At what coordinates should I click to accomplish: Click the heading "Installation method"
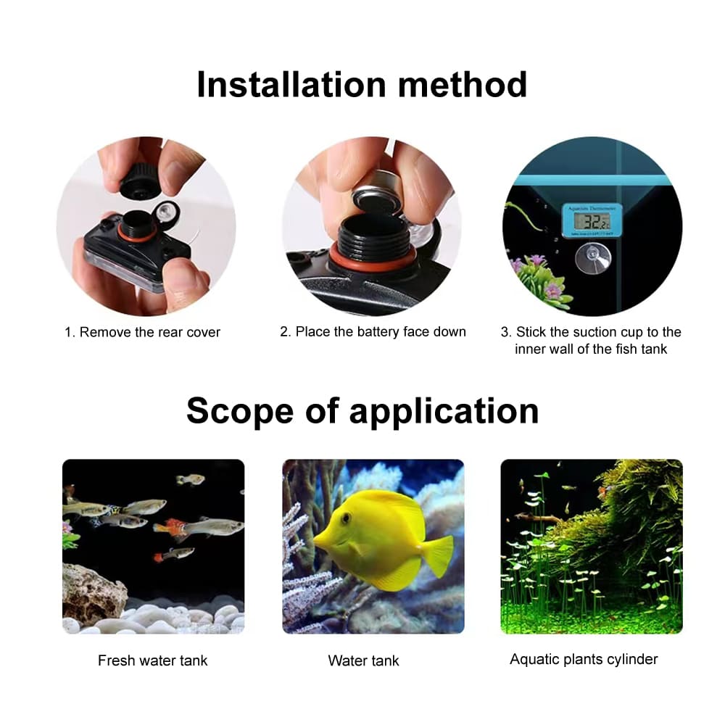point(362,84)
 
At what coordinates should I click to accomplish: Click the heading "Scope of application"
point(362,410)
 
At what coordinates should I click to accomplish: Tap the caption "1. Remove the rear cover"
point(143,332)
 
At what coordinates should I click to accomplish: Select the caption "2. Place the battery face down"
point(373,331)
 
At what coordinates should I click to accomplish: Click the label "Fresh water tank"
point(153,660)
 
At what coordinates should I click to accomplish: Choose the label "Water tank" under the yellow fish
point(363,660)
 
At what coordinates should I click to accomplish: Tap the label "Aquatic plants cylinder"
point(584,659)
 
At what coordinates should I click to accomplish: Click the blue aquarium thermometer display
point(592,220)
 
